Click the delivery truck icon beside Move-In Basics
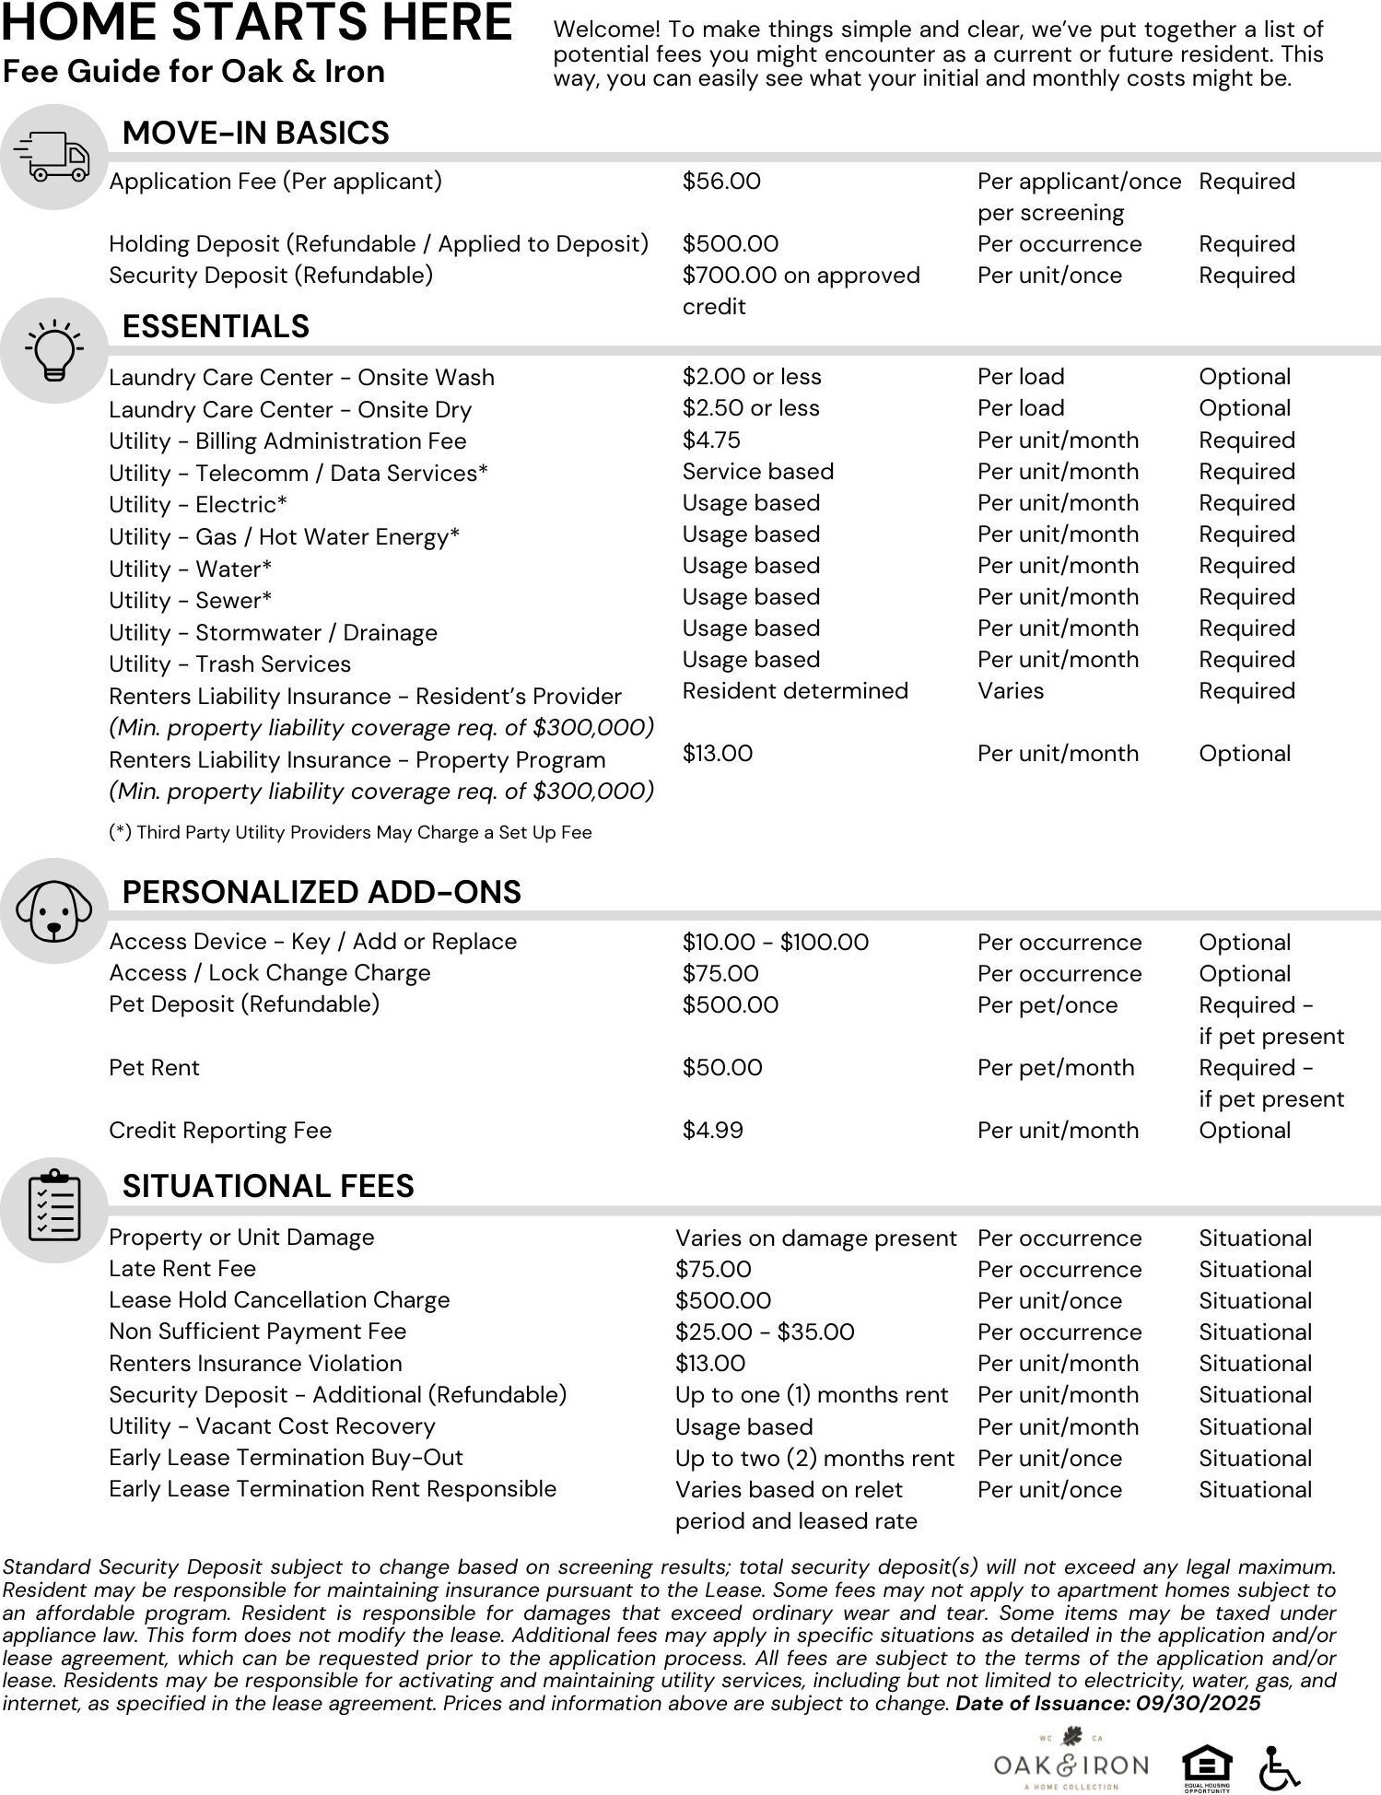pos(53,157)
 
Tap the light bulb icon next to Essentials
pos(53,350)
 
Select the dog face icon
pos(53,911)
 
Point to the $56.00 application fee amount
pos(721,182)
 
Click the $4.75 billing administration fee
pos(711,440)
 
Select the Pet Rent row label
pos(154,1068)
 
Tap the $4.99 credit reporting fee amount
pos(712,1131)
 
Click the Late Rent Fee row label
pos(182,1269)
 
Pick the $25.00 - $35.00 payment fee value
pos(765,1332)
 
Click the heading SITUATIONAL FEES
pos(268,1186)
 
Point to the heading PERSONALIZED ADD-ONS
pos(322,892)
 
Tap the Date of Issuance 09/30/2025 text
pos(1107,1704)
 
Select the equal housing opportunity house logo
pos(1206,1766)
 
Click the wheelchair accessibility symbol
pos(1279,1767)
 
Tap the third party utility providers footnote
pos(350,833)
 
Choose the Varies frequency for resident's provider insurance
pos(1011,691)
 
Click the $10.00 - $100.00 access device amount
pos(775,943)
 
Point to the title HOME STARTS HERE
pos(256,23)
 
